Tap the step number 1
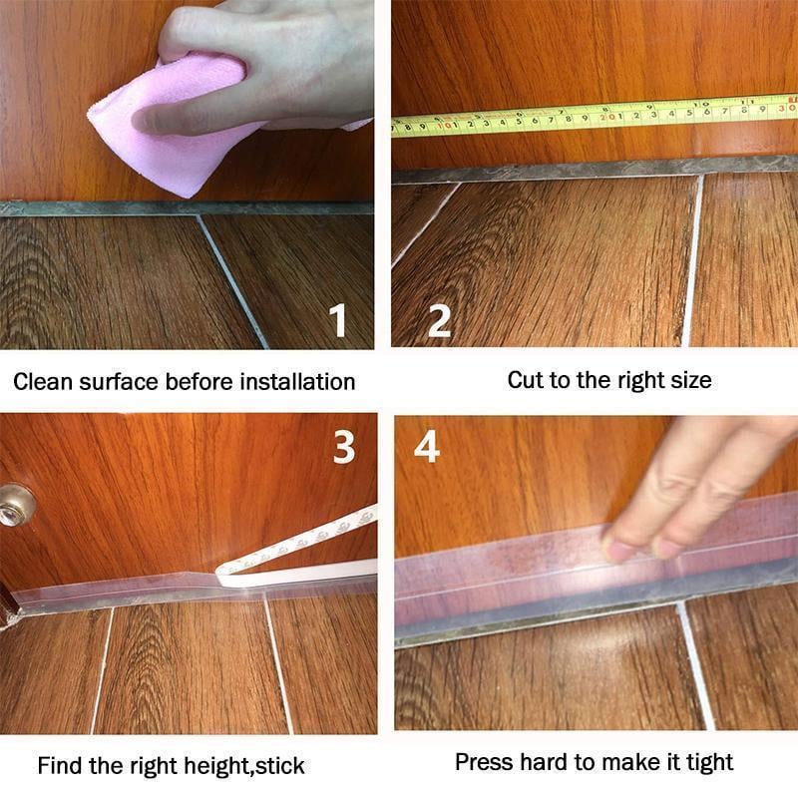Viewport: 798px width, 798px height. pos(340,321)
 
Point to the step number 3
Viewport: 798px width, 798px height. pos(344,448)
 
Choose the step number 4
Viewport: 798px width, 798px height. pos(427,448)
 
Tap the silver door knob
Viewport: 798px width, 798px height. pos(15,505)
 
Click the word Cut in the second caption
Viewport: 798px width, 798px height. pos(526,379)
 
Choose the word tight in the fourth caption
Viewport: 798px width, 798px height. pos(707,762)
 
